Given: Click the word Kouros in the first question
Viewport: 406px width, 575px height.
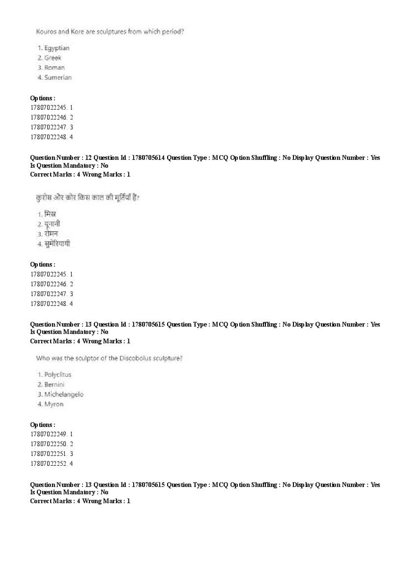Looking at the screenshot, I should [46, 31].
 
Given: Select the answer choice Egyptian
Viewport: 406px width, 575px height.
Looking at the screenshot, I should [57, 48].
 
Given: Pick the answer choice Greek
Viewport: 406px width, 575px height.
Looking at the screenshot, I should [53, 58].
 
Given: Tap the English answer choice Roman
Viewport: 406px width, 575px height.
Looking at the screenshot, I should [54, 68].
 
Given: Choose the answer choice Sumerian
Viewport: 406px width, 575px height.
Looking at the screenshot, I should [58, 78].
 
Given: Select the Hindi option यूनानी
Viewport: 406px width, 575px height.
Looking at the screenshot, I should [52, 224].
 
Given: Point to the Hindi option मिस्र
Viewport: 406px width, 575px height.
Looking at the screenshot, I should [50, 214].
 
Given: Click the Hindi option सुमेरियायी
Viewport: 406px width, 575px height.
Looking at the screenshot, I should [57, 243].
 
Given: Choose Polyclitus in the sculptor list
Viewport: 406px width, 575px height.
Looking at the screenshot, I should [58, 375].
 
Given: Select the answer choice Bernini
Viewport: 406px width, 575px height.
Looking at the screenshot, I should [54, 385].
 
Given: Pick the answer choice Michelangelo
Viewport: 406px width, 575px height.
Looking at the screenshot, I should [64, 394].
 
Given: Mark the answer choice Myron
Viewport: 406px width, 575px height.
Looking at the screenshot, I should [54, 404].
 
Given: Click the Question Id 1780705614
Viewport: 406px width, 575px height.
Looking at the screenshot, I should [147, 158].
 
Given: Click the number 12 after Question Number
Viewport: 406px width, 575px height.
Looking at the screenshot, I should [88, 158].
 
